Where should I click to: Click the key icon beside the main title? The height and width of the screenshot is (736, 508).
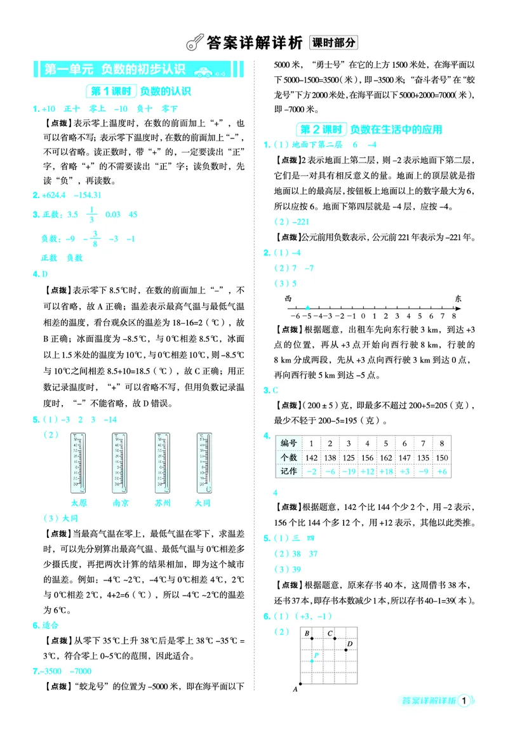(x=193, y=43)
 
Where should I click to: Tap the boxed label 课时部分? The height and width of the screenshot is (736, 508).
(x=333, y=43)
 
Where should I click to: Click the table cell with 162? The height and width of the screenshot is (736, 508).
(x=385, y=457)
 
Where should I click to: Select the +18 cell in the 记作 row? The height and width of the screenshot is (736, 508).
(x=385, y=472)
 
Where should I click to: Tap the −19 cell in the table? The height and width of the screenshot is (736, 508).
(x=348, y=472)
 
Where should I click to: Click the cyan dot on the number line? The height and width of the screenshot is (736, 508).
(x=307, y=307)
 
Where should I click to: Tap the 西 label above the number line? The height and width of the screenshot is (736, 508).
(x=288, y=297)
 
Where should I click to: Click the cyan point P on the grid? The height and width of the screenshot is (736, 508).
(x=312, y=661)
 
